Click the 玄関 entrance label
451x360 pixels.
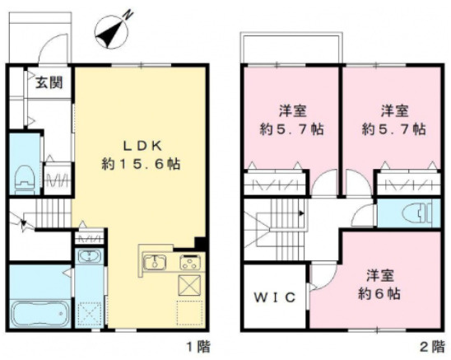click(49, 83)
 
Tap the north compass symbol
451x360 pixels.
click(113, 31)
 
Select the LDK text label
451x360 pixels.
click(142, 147)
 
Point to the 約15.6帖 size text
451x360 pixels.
click(141, 165)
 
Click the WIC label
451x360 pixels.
click(275, 297)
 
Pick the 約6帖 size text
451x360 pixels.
click(379, 294)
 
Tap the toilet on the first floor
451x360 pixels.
click(26, 179)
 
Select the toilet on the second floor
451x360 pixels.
click(417, 213)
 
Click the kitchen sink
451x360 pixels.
click(155, 261)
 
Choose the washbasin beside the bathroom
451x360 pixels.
click(90, 256)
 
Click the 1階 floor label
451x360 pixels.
click(198, 347)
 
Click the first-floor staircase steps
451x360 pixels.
click(53, 213)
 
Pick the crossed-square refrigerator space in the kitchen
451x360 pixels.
click(190, 285)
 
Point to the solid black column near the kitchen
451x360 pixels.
click(200, 243)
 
